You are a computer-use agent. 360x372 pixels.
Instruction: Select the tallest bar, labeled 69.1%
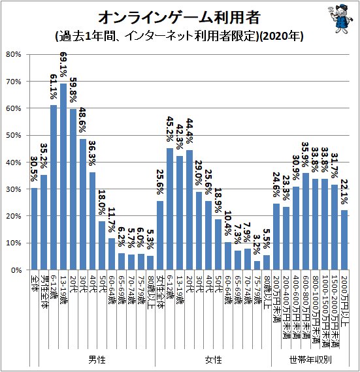[x=63, y=176]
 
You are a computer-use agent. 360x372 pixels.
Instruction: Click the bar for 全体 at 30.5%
[x=34, y=228]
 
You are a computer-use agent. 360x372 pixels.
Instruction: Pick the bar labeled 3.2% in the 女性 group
[x=257, y=265]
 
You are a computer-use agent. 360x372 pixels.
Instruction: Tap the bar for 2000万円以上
[x=344, y=240]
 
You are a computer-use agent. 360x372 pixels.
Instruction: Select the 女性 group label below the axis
[x=213, y=360]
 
